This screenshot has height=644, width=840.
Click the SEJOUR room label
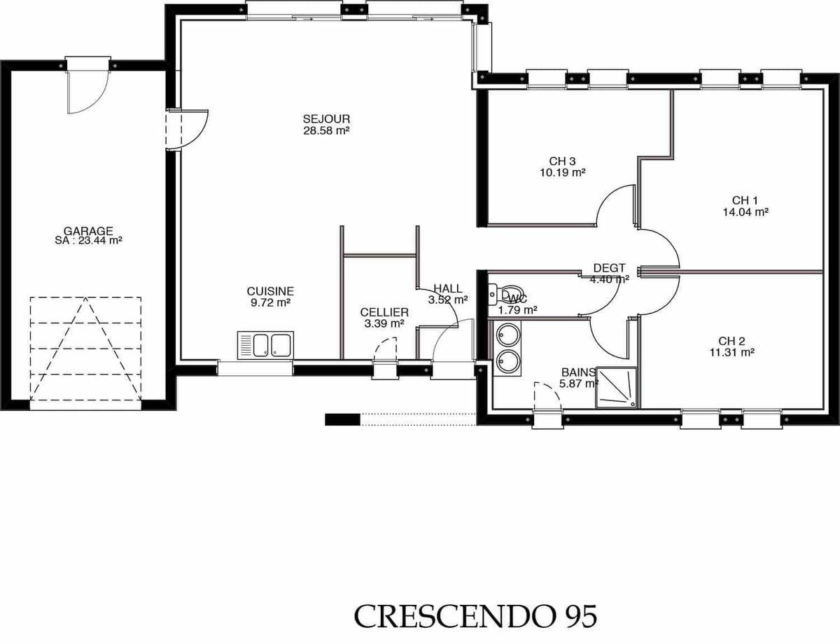pyautogui.click(x=326, y=119)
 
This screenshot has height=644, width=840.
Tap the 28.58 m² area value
pyautogui.click(x=326, y=131)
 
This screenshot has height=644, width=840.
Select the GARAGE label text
pyautogui.click(x=88, y=231)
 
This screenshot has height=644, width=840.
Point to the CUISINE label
pyautogui.click(x=270, y=291)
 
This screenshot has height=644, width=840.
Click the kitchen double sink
pyautogui.click(x=265, y=345)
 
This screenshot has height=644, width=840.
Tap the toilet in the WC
pyautogui.click(x=505, y=295)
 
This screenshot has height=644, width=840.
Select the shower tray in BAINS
pyautogui.click(x=616, y=388)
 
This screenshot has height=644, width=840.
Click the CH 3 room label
pyautogui.click(x=562, y=161)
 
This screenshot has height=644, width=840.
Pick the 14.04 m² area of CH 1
pyautogui.click(x=745, y=212)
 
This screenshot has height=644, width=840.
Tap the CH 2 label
pyautogui.click(x=731, y=341)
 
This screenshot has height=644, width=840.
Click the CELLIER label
pyautogui.click(x=384, y=312)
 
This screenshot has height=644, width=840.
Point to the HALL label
pyautogui.click(x=447, y=288)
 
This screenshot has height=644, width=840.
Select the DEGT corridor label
pyautogui.click(x=609, y=267)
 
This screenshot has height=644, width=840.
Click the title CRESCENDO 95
pyautogui.click(x=475, y=616)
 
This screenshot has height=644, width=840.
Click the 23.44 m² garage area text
pyautogui.click(x=101, y=240)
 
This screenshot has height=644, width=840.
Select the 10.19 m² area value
pyautogui.click(x=562, y=172)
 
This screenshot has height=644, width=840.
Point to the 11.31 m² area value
pyautogui.click(x=731, y=353)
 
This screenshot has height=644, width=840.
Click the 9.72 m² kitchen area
pyautogui.click(x=270, y=302)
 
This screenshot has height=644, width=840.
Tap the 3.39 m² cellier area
pyautogui.click(x=384, y=323)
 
